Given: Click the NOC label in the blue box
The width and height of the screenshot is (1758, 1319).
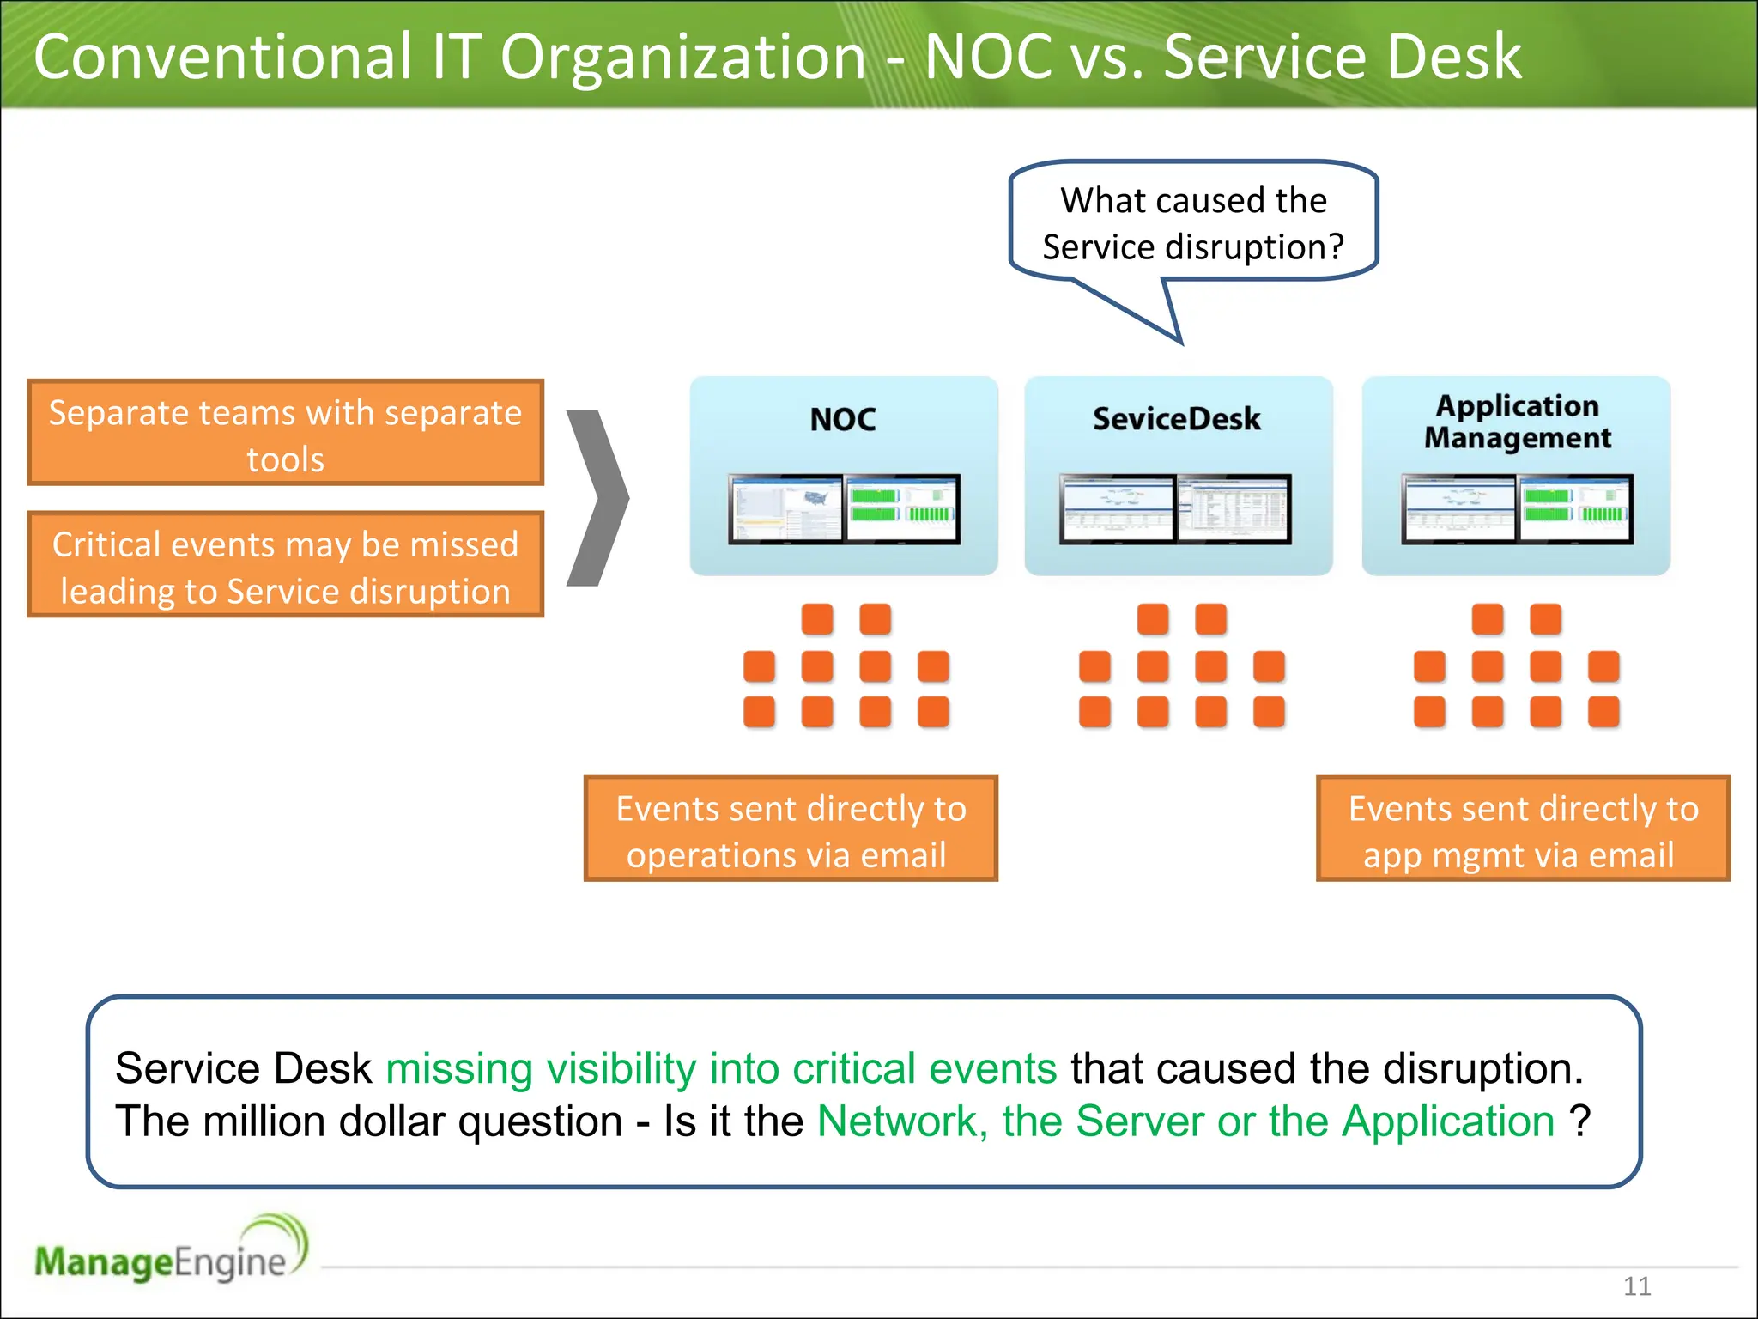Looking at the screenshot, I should [843, 420].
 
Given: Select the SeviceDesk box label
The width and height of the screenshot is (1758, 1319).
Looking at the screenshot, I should [1176, 419].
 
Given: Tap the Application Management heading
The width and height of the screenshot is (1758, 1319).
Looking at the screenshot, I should [1517, 422].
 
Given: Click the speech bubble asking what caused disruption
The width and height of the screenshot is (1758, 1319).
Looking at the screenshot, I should [1193, 223].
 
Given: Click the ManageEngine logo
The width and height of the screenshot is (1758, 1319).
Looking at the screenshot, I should [170, 1252].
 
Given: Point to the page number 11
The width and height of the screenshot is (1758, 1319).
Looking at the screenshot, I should [1636, 1286].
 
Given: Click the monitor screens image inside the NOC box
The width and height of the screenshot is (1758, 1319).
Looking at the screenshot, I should [844, 510].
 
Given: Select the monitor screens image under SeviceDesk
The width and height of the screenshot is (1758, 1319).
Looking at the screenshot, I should [1175, 510].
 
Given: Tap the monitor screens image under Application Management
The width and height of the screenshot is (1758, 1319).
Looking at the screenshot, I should [1517, 510].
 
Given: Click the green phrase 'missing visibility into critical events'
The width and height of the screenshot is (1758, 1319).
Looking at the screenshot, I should [721, 1069].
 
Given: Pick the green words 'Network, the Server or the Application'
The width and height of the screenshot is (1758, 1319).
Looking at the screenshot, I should [1185, 1121].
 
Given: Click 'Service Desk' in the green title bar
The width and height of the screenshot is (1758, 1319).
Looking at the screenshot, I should [1342, 57].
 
